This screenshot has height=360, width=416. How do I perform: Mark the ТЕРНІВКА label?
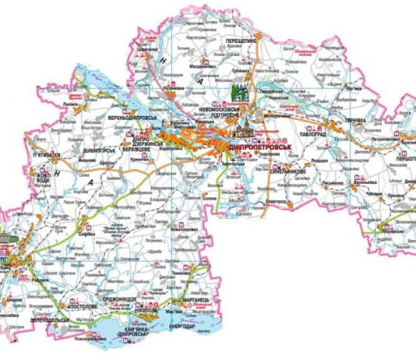tap(354, 121)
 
